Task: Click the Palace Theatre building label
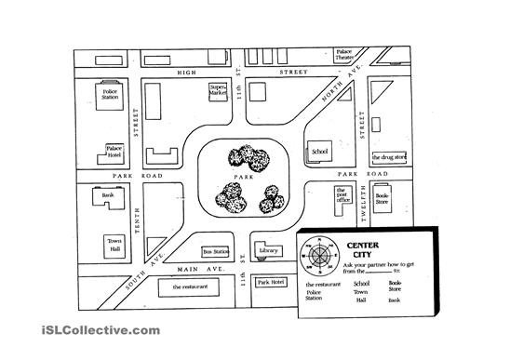(x=345, y=55)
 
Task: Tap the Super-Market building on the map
(x=218, y=91)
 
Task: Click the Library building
(x=269, y=250)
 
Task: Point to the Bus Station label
(x=215, y=251)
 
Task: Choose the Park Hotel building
(x=271, y=281)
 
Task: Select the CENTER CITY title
(x=361, y=249)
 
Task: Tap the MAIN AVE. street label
(x=195, y=269)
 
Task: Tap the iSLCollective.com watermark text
(x=87, y=330)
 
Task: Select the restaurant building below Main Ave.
(x=187, y=287)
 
